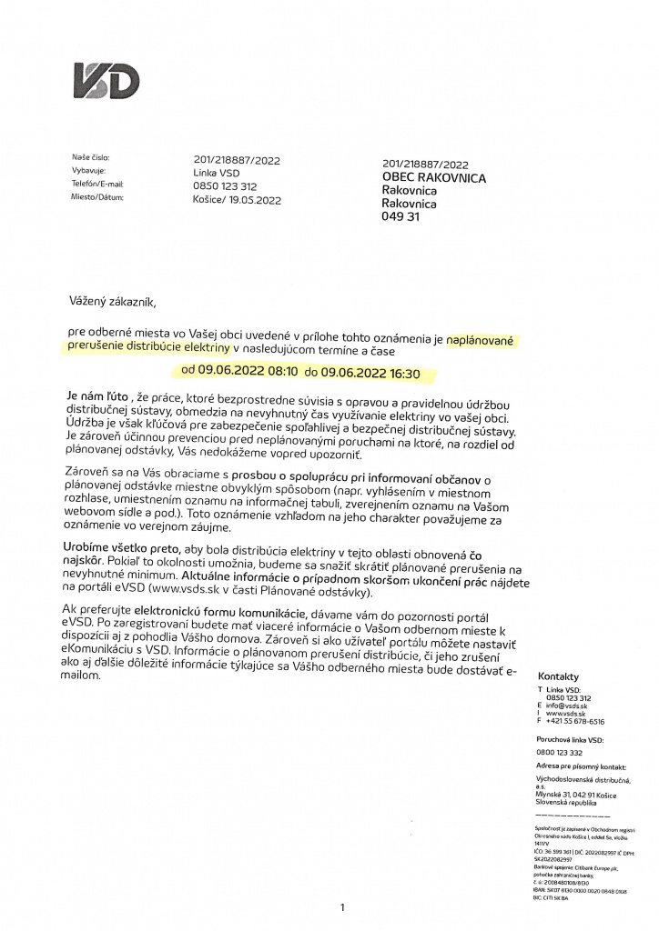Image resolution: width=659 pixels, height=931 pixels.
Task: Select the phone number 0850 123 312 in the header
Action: pyautogui.click(x=225, y=185)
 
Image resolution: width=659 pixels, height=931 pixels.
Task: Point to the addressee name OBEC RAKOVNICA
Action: pyautogui.click(x=433, y=178)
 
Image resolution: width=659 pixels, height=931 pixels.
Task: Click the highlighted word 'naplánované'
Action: pyautogui.click(x=480, y=339)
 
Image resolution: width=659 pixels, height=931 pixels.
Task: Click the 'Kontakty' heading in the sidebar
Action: pyautogui.click(x=559, y=677)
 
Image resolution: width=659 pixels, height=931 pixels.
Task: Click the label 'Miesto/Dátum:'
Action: pyautogui.click(x=98, y=195)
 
